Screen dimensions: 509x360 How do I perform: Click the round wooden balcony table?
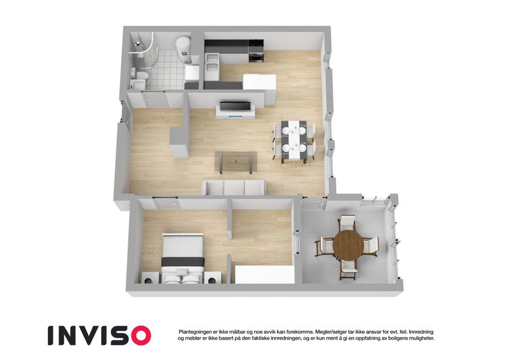(348, 245)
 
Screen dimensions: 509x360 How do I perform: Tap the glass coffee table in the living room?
(236, 162)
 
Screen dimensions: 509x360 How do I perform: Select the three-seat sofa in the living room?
(234, 187)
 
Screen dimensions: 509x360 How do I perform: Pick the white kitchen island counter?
(260, 82)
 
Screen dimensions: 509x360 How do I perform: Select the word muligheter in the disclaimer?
(421, 338)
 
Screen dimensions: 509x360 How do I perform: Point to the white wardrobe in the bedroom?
(264, 274)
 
